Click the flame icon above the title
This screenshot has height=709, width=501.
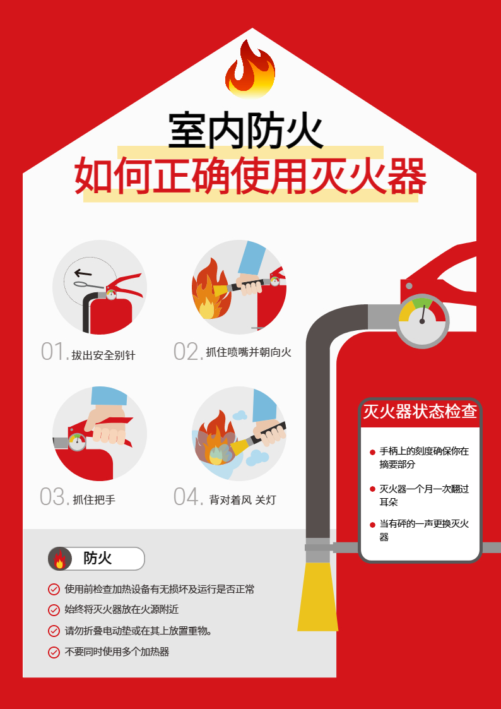(250, 69)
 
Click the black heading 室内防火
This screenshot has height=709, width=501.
(246, 131)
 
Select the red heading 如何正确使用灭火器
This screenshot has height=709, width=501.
(250, 176)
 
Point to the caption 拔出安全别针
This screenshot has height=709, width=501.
(103, 355)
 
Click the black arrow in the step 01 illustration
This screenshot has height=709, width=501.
(83, 273)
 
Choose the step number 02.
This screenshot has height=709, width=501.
(187, 351)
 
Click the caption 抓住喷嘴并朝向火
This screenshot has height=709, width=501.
(249, 352)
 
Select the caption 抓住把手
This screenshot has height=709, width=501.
(94, 499)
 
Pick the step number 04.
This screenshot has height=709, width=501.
(187, 497)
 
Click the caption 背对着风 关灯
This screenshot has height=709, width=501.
(242, 499)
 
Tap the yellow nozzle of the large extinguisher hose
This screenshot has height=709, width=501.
(317, 597)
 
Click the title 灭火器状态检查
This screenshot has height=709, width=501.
(420, 412)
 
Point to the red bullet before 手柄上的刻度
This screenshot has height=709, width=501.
(372, 452)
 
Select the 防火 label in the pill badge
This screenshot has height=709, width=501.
(97, 559)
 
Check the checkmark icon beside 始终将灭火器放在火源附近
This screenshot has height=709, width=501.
(54, 610)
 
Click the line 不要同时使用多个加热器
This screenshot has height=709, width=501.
(117, 652)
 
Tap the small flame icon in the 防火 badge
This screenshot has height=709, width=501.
(60, 559)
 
